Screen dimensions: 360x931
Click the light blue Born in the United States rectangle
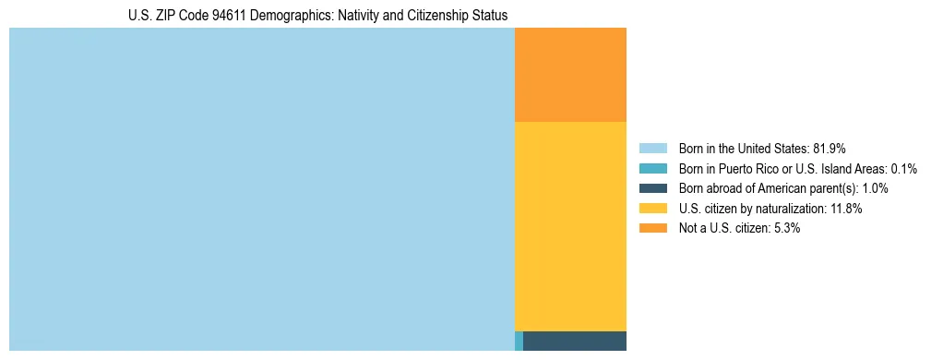click(261, 189)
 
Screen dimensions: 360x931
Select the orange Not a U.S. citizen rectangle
click(570, 75)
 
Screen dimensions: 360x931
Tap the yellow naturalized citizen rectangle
click(570, 226)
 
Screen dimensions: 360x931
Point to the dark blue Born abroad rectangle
click(575, 341)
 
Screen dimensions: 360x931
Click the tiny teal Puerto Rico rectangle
click(519, 341)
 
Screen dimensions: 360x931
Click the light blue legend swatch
click(653, 148)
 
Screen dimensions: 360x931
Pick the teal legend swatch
click(653, 168)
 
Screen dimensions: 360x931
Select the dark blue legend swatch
click(653, 188)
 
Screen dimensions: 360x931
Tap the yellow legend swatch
click(653, 209)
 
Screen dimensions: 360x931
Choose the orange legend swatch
click(653, 228)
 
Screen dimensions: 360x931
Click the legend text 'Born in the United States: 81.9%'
click(762, 148)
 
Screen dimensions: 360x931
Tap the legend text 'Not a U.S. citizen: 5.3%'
click(740, 228)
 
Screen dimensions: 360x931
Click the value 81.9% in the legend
click(829, 148)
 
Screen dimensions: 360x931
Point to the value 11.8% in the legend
click(845, 209)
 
